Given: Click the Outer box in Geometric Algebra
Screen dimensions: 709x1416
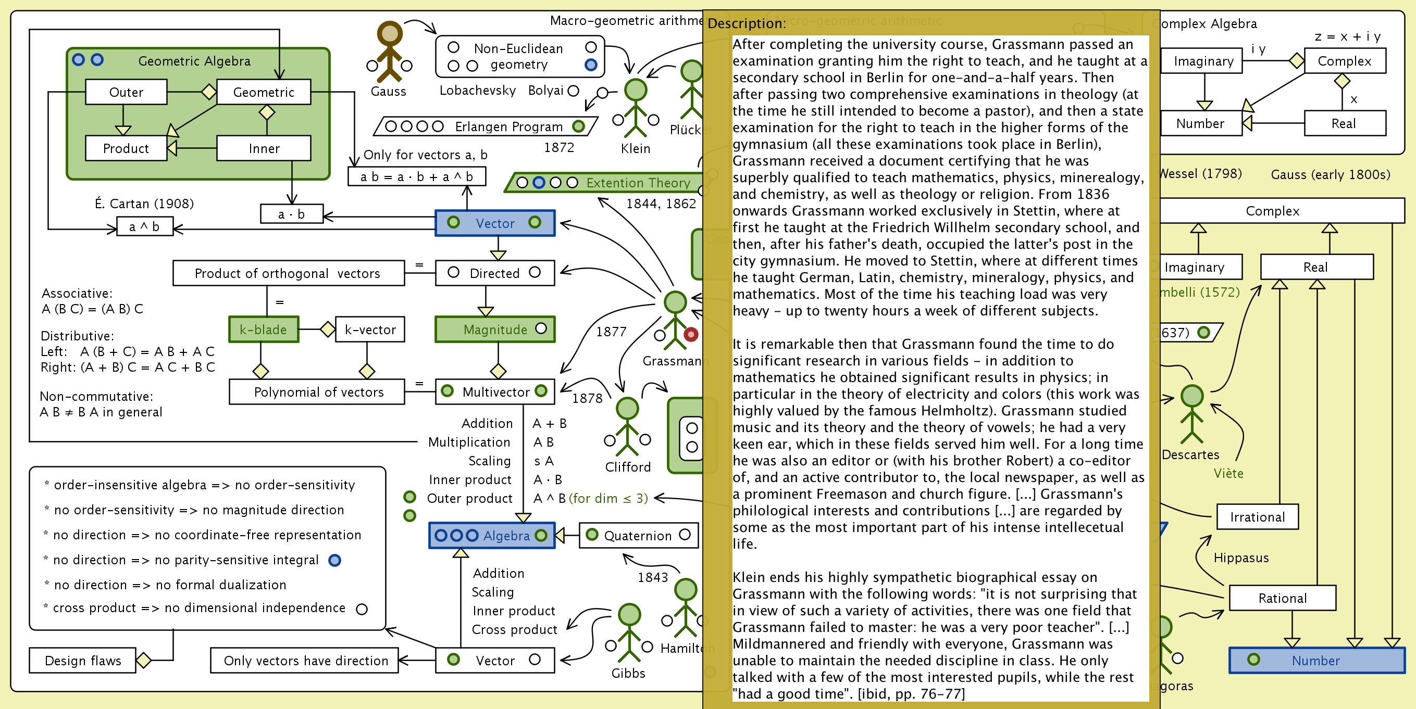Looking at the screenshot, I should (x=126, y=92).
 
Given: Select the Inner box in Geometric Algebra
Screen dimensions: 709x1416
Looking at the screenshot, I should (x=264, y=148).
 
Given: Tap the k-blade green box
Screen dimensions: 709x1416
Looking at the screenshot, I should (x=263, y=330).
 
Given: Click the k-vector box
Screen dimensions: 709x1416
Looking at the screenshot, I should (x=370, y=330).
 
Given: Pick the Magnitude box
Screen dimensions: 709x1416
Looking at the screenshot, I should (x=495, y=330).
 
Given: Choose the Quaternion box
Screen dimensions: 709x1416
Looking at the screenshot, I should (x=638, y=536).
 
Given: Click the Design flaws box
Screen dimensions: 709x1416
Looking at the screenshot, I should (x=82, y=660).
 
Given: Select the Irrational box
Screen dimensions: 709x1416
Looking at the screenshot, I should (x=1257, y=517).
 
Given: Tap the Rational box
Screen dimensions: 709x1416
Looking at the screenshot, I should (x=1283, y=598).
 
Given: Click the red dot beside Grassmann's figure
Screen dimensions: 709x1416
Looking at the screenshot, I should (x=691, y=334).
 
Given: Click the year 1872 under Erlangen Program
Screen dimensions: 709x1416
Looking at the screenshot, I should (x=559, y=148).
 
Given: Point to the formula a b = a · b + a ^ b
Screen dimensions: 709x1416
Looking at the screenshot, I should (x=417, y=177).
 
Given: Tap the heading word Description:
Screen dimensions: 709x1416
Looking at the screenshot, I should (x=747, y=23).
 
